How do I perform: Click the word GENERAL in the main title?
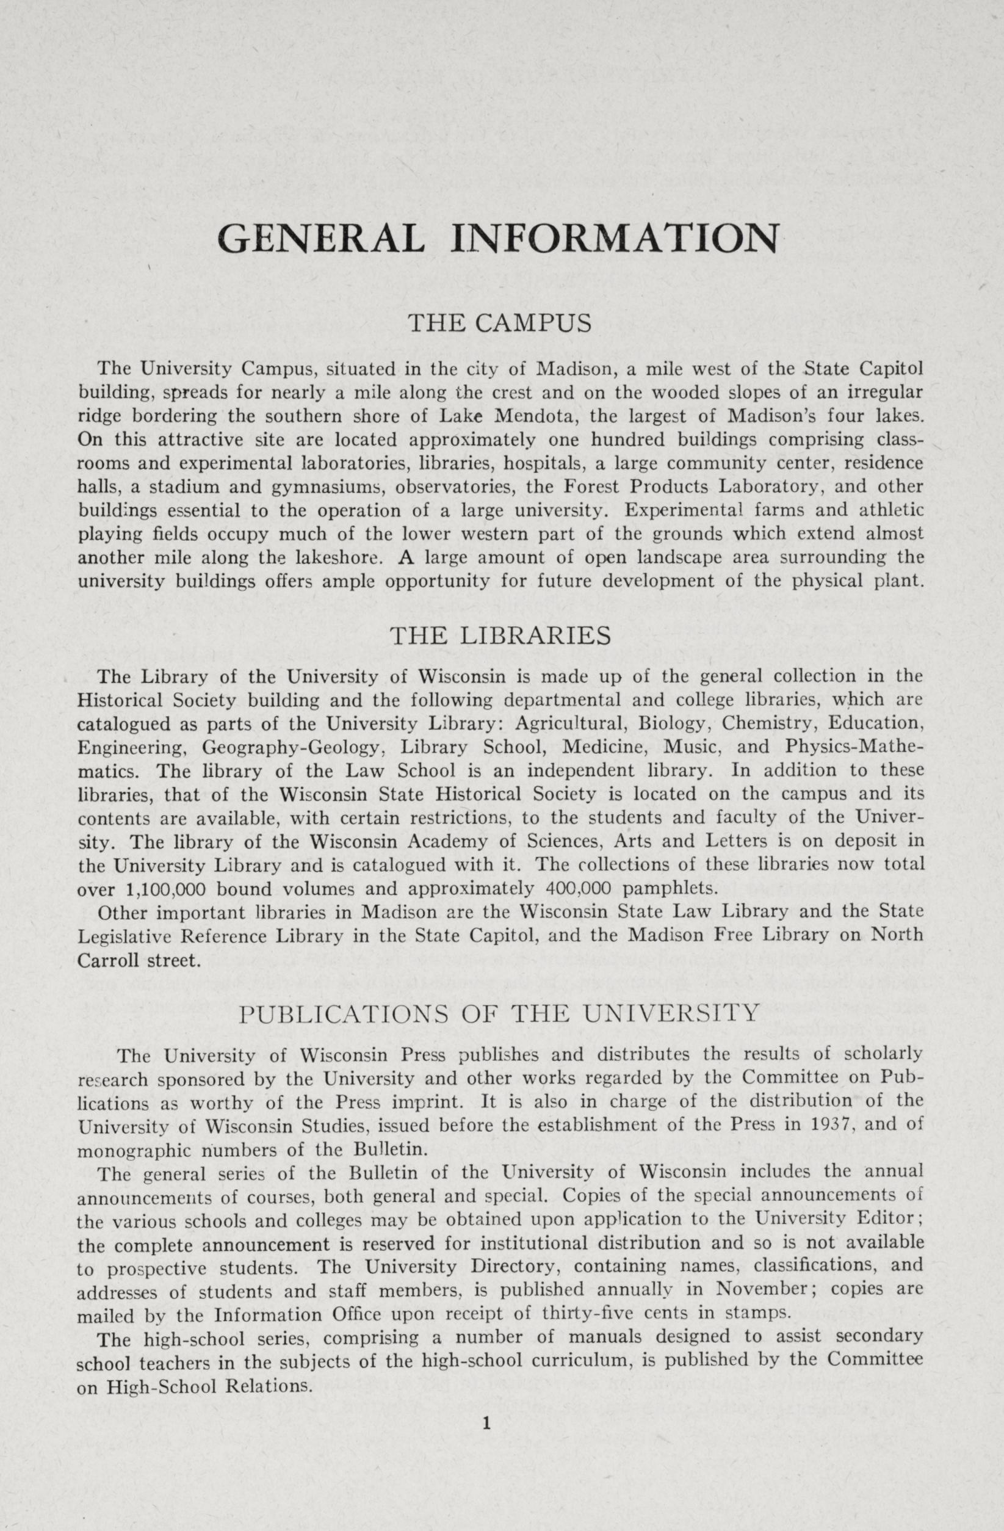[321, 239]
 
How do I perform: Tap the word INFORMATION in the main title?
[614, 239]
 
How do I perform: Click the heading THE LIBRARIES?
[500, 636]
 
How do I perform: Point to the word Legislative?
[122, 937]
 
